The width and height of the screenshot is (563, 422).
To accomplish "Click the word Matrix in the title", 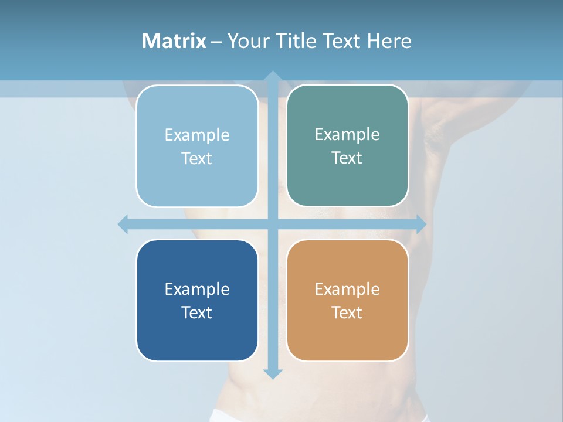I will click(174, 41).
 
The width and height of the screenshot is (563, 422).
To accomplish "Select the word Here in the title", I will click(389, 41).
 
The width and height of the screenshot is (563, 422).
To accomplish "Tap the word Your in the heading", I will click(248, 41).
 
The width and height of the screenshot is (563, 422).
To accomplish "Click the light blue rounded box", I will click(197, 182).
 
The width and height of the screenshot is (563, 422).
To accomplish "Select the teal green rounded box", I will click(347, 182).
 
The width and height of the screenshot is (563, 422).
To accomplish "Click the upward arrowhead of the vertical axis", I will click(272, 76).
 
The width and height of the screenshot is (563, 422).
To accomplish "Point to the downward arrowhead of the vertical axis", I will click(272, 374).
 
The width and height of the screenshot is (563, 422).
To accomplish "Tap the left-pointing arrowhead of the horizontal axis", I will click(123, 224).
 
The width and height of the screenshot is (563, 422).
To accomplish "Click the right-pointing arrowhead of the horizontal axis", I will click(420, 224).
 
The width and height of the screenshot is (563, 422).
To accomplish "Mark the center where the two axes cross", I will click(272, 224).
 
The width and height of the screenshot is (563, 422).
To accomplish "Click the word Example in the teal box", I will click(347, 134).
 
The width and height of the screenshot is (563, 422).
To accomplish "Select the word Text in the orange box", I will click(347, 312).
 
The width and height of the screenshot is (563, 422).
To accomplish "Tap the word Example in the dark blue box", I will click(197, 289).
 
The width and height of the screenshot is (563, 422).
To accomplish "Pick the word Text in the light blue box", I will click(197, 158).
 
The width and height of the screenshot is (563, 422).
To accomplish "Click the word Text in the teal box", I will click(347, 158).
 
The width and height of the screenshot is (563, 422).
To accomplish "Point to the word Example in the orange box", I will click(347, 289).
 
